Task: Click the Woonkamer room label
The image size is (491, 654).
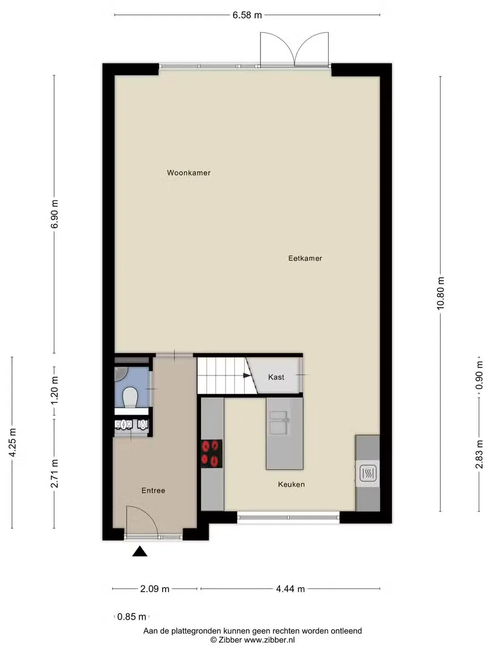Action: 189,173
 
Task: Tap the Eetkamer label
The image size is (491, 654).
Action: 305,258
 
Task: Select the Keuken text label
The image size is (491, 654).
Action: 291,485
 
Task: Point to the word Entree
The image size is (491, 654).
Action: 153,490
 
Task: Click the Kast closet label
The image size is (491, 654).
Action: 276,377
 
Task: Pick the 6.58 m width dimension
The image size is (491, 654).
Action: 247,15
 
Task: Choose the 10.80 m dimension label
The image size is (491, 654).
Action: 441,293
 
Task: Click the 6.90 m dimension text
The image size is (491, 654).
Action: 55,214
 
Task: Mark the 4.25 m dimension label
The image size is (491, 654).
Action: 13,443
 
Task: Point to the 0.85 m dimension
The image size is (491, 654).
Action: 131,617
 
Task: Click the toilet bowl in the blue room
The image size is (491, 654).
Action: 130,397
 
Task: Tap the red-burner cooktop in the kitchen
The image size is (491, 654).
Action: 212,454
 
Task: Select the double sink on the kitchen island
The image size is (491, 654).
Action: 279,422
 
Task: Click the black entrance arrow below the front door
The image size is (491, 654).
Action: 140,551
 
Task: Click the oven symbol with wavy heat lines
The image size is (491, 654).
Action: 368,473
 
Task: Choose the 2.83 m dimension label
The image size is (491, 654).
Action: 479,454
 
